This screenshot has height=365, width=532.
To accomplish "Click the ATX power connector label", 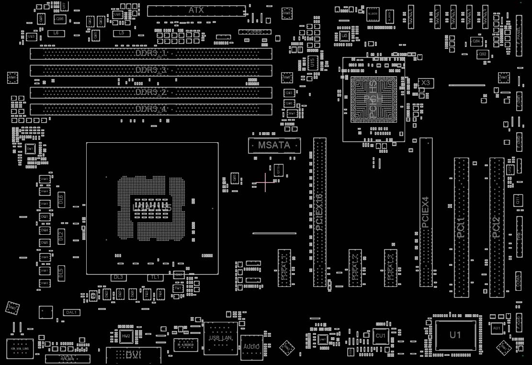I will pos(196,10).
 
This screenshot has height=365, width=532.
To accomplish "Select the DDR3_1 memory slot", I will pos(151,53).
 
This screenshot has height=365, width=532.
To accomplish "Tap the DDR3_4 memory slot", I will pos(151,109).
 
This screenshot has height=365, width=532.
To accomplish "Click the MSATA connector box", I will pos(274,145).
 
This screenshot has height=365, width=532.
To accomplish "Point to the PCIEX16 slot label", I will pos(319,212).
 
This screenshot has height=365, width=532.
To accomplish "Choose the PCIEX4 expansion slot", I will pos(426,212).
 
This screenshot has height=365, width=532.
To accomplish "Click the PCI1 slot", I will pos(461,227).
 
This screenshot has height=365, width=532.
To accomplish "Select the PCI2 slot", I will pos(497,227).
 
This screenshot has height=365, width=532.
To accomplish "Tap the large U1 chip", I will pos(455,335).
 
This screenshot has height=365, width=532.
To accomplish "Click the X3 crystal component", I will pos(426,83).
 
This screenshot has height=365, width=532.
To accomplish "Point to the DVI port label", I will pos(133,355).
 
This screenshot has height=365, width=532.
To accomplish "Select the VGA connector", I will pos(68,358).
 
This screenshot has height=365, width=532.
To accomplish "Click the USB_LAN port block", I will pos(220,338).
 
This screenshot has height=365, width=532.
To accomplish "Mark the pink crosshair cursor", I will pos(265,182).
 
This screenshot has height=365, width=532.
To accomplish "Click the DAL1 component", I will pos(72,312).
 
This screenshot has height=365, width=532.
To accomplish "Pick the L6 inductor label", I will pos(56,33).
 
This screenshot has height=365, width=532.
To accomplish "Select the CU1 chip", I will pos(381,336).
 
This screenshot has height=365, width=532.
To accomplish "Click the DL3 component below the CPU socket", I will pos(118,277).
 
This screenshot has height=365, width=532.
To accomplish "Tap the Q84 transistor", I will pos(476,42).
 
